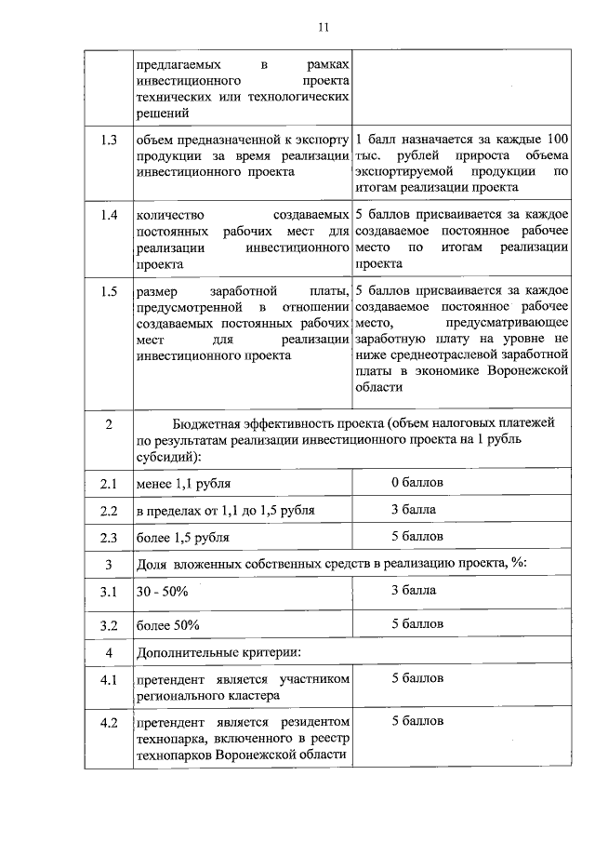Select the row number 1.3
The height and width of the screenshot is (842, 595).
click(109, 140)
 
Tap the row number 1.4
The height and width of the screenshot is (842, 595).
click(109, 216)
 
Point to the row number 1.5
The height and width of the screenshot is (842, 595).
click(109, 292)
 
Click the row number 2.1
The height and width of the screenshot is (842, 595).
click(109, 485)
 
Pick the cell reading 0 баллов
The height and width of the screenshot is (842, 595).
click(417, 484)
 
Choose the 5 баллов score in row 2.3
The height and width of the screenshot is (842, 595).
click(417, 537)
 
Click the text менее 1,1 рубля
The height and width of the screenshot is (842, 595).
click(183, 485)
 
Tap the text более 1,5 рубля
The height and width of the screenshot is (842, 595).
click(183, 538)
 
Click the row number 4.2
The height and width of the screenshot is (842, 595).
click(109, 722)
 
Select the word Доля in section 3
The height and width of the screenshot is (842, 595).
click(152, 565)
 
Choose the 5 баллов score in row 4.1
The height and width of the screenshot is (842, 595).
click(417, 679)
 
